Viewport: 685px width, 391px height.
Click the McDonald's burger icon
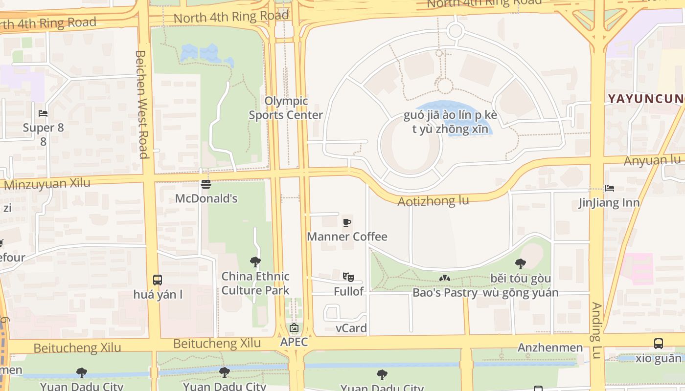[206, 184]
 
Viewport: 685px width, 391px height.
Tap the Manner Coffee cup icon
[347, 223]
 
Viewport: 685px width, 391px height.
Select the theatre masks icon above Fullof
[348, 277]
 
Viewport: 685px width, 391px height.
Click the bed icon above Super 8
[43, 113]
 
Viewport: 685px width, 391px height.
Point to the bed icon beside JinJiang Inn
[609, 188]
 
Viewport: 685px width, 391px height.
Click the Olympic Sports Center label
[286, 108]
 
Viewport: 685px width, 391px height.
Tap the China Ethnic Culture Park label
[255, 283]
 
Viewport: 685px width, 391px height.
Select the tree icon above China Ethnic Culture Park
[255, 262]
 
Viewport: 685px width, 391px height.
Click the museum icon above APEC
[294, 328]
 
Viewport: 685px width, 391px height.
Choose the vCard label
[351, 328]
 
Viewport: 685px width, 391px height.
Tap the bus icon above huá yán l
[157, 280]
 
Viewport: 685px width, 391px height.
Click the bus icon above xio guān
[659, 344]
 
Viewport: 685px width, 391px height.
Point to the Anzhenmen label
[550, 348]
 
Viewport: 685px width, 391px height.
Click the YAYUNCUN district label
[645, 99]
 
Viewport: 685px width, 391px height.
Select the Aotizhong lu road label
[433, 201]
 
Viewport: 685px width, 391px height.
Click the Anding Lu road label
[596, 330]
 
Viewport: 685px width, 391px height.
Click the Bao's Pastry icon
[444, 278]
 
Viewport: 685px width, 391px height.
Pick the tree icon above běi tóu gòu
[521, 264]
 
